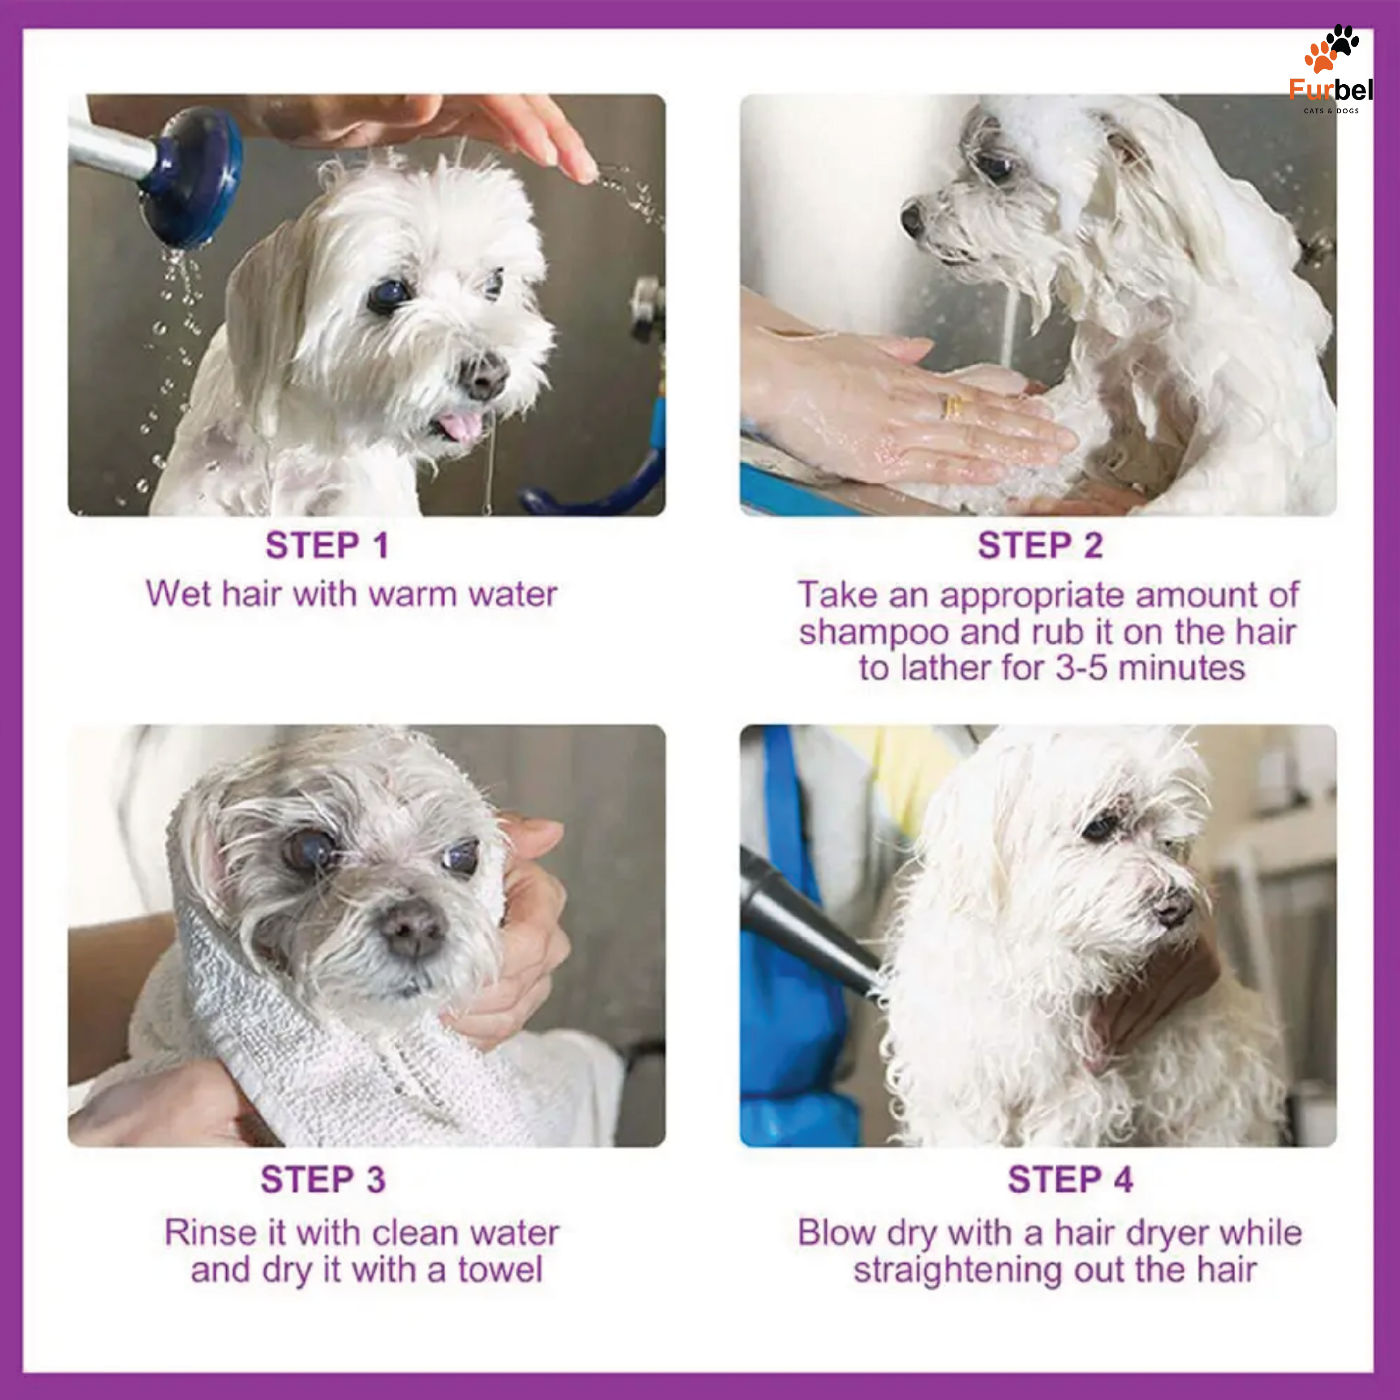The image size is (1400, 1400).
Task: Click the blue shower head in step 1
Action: click(190, 177)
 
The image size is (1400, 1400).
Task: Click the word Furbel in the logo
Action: click(1331, 90)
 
